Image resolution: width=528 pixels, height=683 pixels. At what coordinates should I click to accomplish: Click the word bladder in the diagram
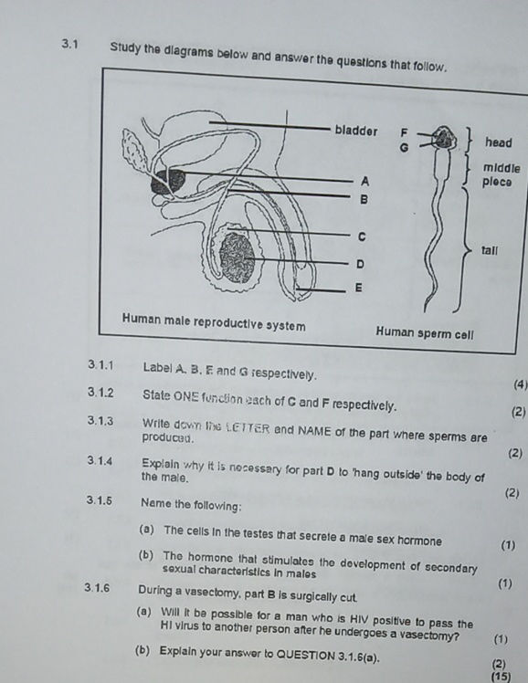(x=356, y=130)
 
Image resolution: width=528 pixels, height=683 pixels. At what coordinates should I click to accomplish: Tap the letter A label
(x=364, y=181)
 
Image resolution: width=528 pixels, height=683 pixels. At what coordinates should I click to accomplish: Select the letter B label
(x=364, y=198)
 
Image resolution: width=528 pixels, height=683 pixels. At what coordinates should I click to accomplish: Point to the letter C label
(x=361, y=236)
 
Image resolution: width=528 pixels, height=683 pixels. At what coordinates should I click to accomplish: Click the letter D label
(x=359, y=263)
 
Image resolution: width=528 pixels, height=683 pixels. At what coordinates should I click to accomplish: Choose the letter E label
(x=357, y=288)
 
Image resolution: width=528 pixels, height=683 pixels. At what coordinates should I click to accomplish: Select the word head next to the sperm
(x=499, y=142)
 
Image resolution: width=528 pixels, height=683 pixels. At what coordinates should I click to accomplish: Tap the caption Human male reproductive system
(x=215, y=325)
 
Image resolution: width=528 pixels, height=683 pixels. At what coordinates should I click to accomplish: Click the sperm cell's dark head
(x=444, y=138)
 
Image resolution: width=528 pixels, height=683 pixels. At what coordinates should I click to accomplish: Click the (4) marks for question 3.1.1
(x=520, y=384)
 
